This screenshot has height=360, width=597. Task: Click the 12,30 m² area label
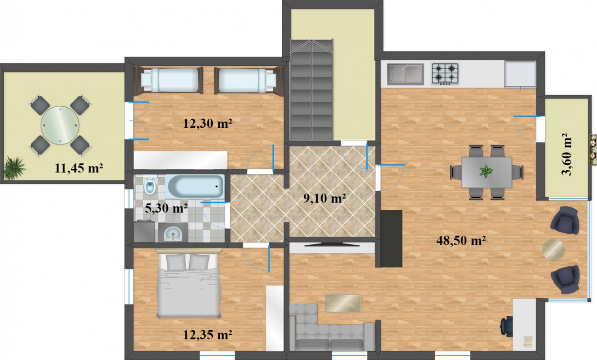pyautogui.click(x=208, y=124)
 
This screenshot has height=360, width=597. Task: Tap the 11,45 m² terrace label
pyautogui.click(x=79, y=168)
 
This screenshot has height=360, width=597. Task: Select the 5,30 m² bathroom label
pyautogui.click(x=166, y=208)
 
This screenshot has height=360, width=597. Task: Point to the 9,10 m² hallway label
pyautogui.click(x=325, y=198)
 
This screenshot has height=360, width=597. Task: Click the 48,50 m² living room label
pyautogui.click(x=461, y=241)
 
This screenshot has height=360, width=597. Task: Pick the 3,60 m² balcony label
pyautogui.click(x=566, y=154)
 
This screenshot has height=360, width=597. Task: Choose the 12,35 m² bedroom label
pyautogui.click(x=208, y=335)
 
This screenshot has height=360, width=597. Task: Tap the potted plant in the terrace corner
pyautogui.click(x=14, y=168)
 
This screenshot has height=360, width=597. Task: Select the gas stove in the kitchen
pyautogui.click(x=445, y=74)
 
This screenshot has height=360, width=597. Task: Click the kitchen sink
pyautogui.click(x=405, y=74)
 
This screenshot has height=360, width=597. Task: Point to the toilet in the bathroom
pyautogui.click(x=150, y=186)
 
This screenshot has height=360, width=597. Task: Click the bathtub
pyautogui.click(x=195, y=187)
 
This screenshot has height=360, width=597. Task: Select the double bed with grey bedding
pyautogui.click(x=189, y=285)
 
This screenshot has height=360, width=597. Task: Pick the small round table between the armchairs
pyautogui.click(x=553, y=249)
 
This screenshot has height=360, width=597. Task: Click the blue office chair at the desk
pyautogui.click(x=507, y=327)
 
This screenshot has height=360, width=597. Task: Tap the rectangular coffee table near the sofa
pyautogui.click(x=343, y=303)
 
